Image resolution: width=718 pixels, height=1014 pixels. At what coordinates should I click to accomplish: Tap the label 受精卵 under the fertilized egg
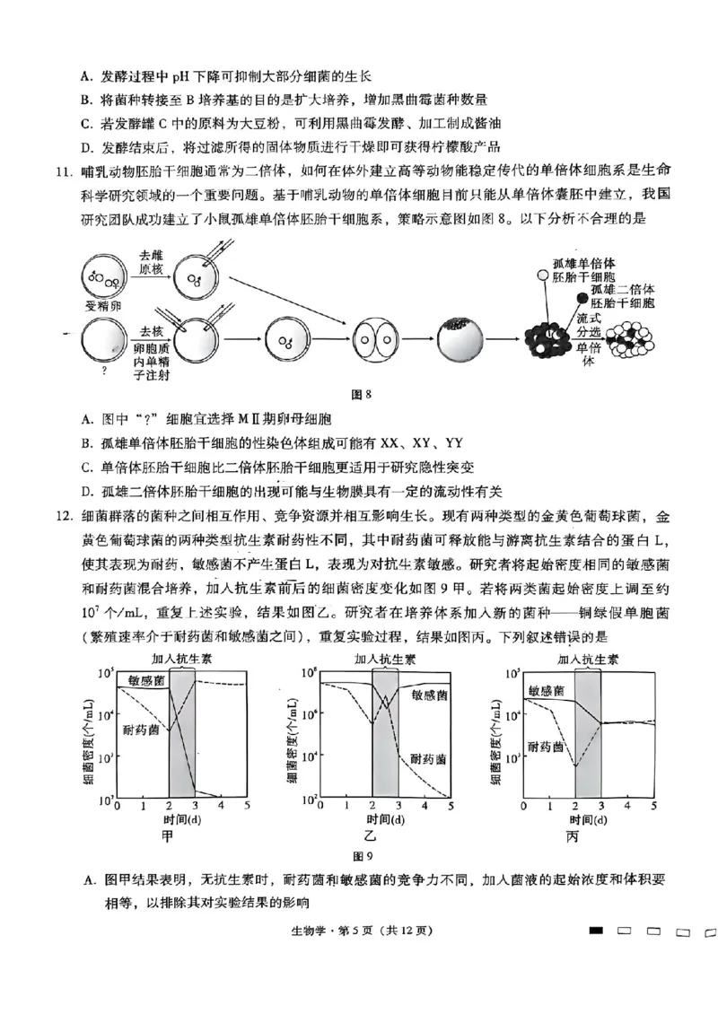[x=101, y=305]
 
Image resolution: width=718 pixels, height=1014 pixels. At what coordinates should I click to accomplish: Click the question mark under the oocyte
[x=105, y=369]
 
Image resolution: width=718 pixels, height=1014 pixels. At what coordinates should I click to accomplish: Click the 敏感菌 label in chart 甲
[x=145, y=681]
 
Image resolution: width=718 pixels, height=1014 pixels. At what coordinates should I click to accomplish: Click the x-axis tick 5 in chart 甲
[x=247, y=807]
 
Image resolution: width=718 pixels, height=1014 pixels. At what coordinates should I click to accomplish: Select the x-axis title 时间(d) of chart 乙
[x=385, y=820]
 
